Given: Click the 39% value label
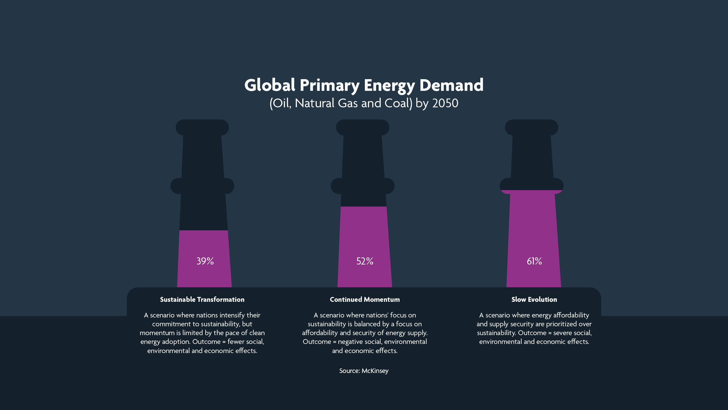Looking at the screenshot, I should (205, 261).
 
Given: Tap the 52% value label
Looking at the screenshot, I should (365, 261).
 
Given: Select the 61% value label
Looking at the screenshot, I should (534, 261).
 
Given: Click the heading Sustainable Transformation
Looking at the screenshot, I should (202, 300).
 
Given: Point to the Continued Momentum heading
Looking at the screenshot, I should (365, 300).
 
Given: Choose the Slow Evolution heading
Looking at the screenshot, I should (534, 300).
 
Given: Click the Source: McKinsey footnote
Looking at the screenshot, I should (364, 371).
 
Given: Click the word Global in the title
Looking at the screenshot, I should (270, 85).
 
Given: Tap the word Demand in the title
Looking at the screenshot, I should (451, 85).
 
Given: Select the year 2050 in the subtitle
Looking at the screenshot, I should (445, 103).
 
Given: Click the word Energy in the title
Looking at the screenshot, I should (389, 86).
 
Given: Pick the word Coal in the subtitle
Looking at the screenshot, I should (397, 103).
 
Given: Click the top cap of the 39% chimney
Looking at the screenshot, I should (202, 127).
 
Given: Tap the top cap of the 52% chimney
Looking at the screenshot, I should (363, 127).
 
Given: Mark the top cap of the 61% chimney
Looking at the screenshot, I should (531, 127).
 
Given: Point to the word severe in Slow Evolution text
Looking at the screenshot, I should (562, 333).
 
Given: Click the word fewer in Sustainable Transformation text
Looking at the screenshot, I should (236, 342).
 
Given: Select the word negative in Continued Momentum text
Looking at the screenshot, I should (351, 342).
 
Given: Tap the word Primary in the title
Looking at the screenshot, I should (330, 86).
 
